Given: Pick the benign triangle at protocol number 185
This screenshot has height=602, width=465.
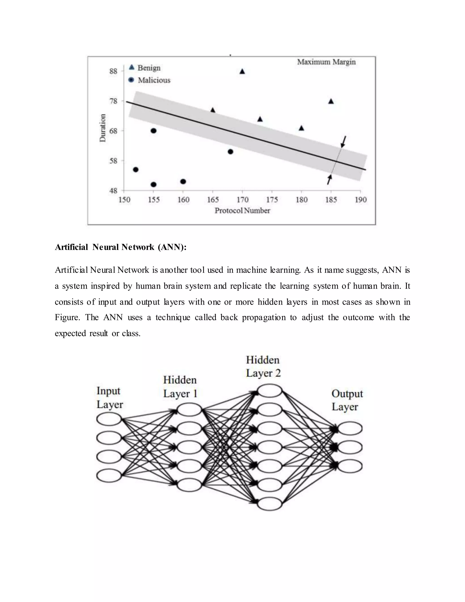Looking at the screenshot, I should [331, 102].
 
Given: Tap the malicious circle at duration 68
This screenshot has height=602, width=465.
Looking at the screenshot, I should [154, 131].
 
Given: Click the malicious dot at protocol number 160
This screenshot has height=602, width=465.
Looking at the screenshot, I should [183, 181].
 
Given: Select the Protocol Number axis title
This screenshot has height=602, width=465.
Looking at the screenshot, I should [242, 211].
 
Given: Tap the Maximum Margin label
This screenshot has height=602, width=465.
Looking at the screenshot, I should [326, 62].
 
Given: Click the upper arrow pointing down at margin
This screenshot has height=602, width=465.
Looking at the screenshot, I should [343, 142].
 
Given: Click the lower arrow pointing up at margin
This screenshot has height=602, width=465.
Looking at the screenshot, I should [329, 179].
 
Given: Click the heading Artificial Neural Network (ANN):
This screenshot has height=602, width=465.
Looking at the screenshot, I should [121, 247].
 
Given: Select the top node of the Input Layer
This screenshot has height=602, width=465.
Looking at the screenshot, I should [109, 419].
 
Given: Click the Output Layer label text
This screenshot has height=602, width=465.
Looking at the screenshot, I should [347, 400].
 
